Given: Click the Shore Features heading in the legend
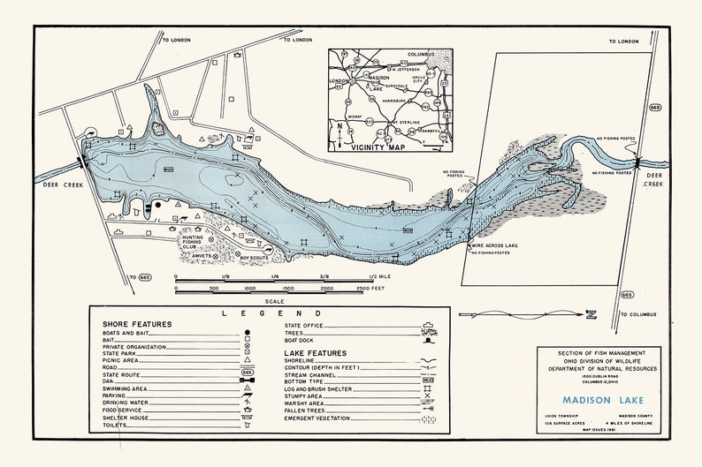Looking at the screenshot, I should (x=137, y=324).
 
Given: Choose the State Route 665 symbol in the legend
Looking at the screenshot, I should (x=248, y=373).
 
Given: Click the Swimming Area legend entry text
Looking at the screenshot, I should (x=125, y=388).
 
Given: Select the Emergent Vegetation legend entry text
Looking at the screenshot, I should (x=325, y=418).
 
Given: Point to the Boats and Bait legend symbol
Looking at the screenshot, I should (x=248, y=332).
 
